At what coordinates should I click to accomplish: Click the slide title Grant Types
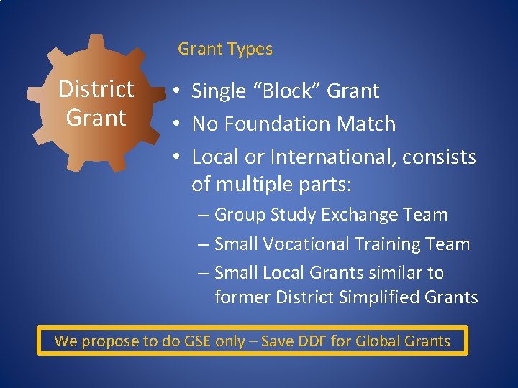click(x=225, y=50)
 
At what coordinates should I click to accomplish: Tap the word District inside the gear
click(x=96, y=90)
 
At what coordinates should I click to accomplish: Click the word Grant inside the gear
click(x=96, y=117)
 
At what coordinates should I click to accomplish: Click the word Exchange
click(x=356, y=215)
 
